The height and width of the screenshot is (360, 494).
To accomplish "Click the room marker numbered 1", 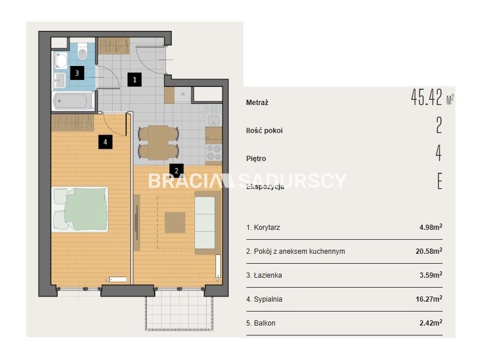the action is click(x=134, y=79).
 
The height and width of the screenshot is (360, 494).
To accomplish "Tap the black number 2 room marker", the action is click(x=176, y=170).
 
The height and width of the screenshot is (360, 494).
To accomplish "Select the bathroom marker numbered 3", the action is click(x=77, y=73).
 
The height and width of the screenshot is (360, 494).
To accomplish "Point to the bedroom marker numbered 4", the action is click(x=105, y=142).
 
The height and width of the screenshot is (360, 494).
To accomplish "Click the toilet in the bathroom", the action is click(x=82, y=51).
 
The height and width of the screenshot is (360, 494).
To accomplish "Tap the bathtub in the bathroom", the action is click(x=73, y=101).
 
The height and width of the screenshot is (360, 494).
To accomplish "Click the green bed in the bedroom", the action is click(x=80, y=209).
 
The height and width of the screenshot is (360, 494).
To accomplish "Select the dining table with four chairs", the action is click(x=158, y=142).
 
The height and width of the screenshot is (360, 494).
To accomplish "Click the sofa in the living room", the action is click(x=206, y=222).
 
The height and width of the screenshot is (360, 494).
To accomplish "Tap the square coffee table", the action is click(x=175, y=222).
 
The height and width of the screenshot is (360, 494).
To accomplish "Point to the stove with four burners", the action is click(x=214, y=152).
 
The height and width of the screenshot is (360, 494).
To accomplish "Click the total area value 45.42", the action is click(x=427, y=97).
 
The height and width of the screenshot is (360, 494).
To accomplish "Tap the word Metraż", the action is click(x=257, y=102).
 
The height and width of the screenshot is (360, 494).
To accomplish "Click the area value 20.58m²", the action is click(x=429, y=251).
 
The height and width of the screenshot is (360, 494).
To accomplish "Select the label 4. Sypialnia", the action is click(x=264, y=299).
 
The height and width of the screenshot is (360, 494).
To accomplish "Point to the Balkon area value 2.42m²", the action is click(x=431, y=323).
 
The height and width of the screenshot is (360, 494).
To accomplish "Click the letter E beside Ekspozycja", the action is click(x=440, y=181).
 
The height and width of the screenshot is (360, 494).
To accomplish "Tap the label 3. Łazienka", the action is click(x=264, y=275).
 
